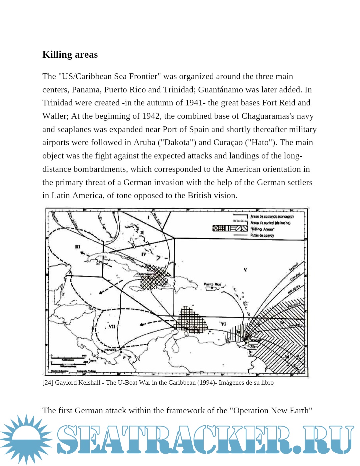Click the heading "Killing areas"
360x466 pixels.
tap(70, 55)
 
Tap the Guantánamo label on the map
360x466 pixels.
tap(146, 274)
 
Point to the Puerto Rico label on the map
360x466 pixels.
tap(212, 284)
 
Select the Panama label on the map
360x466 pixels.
tap(110, 350)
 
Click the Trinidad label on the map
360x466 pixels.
tap(255, 340)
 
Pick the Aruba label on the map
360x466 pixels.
tap(192, 327)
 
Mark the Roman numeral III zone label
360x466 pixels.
tap(78, 247)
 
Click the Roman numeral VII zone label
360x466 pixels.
tap(112, 326)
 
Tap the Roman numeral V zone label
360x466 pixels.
tap(245, 270)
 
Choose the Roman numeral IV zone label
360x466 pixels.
tap(144, 254)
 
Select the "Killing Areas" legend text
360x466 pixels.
tap(262, 229)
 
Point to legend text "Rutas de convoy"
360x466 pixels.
tap(262, 235)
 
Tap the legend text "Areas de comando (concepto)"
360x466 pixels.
tap(272, 216)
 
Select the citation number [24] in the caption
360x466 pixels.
tap(48, 383)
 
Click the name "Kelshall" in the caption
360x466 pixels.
tap(89, 383)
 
